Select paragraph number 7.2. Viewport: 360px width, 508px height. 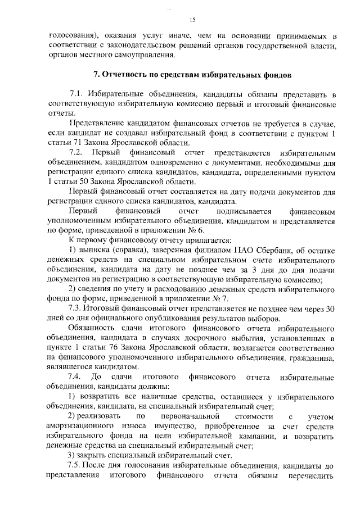tap(75, 153)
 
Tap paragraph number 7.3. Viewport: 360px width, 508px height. tap(75, 309)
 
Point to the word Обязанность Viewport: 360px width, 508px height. tap(92, 328)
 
